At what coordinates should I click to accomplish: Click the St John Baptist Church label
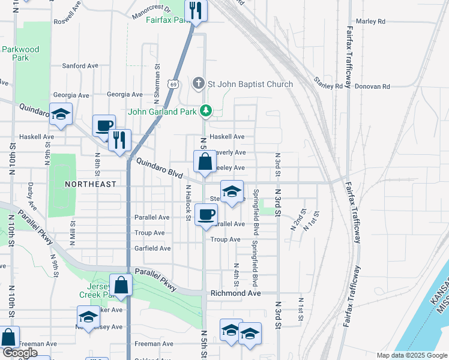point(250,84)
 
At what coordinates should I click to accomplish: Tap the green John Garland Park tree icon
point(206,110)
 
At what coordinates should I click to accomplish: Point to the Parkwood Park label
point(20,53)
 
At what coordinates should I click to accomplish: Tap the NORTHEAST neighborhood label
point(90,184)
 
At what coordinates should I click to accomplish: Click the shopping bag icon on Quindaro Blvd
point(205,162)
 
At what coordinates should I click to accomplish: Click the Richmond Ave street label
point(235,293)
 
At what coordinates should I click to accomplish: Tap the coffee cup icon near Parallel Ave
point(206,214)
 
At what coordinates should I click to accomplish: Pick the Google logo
point(20,353)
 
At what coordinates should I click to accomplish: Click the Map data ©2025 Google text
point(411,355)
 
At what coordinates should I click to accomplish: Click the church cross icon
point(199,84)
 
